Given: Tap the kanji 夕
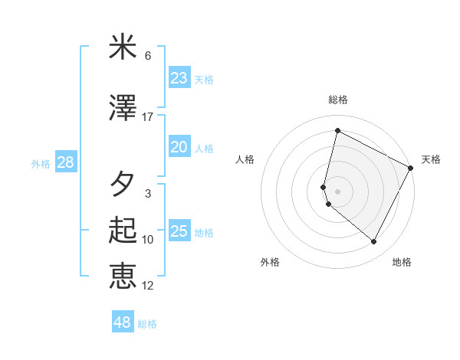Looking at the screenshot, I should [x=123, y=185].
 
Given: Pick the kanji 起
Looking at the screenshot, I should [x=123, y=231].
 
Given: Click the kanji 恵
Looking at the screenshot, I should [x=123, y=277].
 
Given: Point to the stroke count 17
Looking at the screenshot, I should [x=148, y=117].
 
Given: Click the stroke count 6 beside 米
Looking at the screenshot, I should [x=148, y=56].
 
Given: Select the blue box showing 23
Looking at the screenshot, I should [x=179, y=78].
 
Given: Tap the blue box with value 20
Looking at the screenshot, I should [x=179, y=147].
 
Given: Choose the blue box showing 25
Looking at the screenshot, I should [x=179, y=231].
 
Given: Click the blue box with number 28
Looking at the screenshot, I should [x=65, y=162].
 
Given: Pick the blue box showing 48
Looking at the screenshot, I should [x=122, y=322].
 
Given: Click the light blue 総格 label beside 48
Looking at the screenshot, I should [x=147, y=324].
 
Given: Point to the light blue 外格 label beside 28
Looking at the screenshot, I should [x=41, y=164].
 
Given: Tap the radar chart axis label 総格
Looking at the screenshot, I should [x=338, y=100].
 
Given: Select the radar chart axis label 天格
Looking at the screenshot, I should [x=431, y=159].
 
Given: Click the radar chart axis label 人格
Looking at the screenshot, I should [x=245, y=159].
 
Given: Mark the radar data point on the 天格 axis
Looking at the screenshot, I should [x=412, y=168].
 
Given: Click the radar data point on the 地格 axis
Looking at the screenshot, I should [x=374, y=242].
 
